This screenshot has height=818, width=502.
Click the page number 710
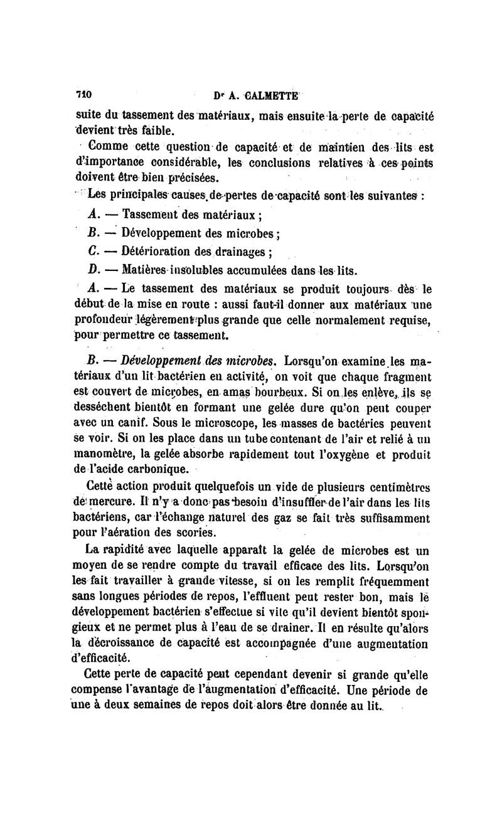point(83,95)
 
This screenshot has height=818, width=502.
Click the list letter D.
point(91,270)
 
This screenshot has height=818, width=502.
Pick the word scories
point(195,533)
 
